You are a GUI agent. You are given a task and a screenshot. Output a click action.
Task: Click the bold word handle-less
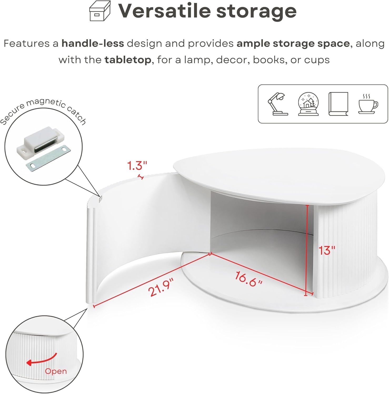point(93,43)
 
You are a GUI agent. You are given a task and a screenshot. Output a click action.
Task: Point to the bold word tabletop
point(128,60)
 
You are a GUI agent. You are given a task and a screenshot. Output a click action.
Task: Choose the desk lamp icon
point(278,104)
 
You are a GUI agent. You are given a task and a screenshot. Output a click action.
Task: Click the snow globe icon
point(308,104)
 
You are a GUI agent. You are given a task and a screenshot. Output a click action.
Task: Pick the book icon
point(338,104)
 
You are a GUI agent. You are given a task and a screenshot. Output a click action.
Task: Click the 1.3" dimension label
point(137,166)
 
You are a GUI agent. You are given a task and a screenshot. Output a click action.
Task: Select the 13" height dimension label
point(327,250)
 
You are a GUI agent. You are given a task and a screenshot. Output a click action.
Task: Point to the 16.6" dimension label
point(248,279)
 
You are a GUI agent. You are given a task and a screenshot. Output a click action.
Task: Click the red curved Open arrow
point(42,359)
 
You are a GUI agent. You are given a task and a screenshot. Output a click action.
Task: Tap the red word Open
point(56,371)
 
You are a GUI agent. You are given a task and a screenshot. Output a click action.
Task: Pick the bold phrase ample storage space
point(293,44)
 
